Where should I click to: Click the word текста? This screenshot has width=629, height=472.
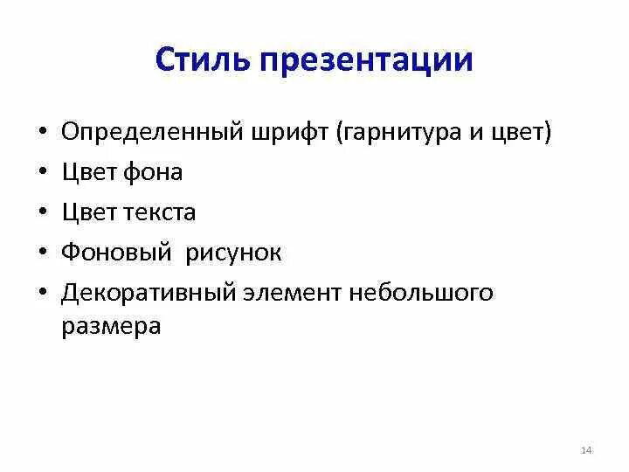156,212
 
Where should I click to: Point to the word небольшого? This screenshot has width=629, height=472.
421,293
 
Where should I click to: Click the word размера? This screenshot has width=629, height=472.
111,326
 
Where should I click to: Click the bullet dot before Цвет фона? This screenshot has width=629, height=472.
42,174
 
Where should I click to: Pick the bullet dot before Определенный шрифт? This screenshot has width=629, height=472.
42,134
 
